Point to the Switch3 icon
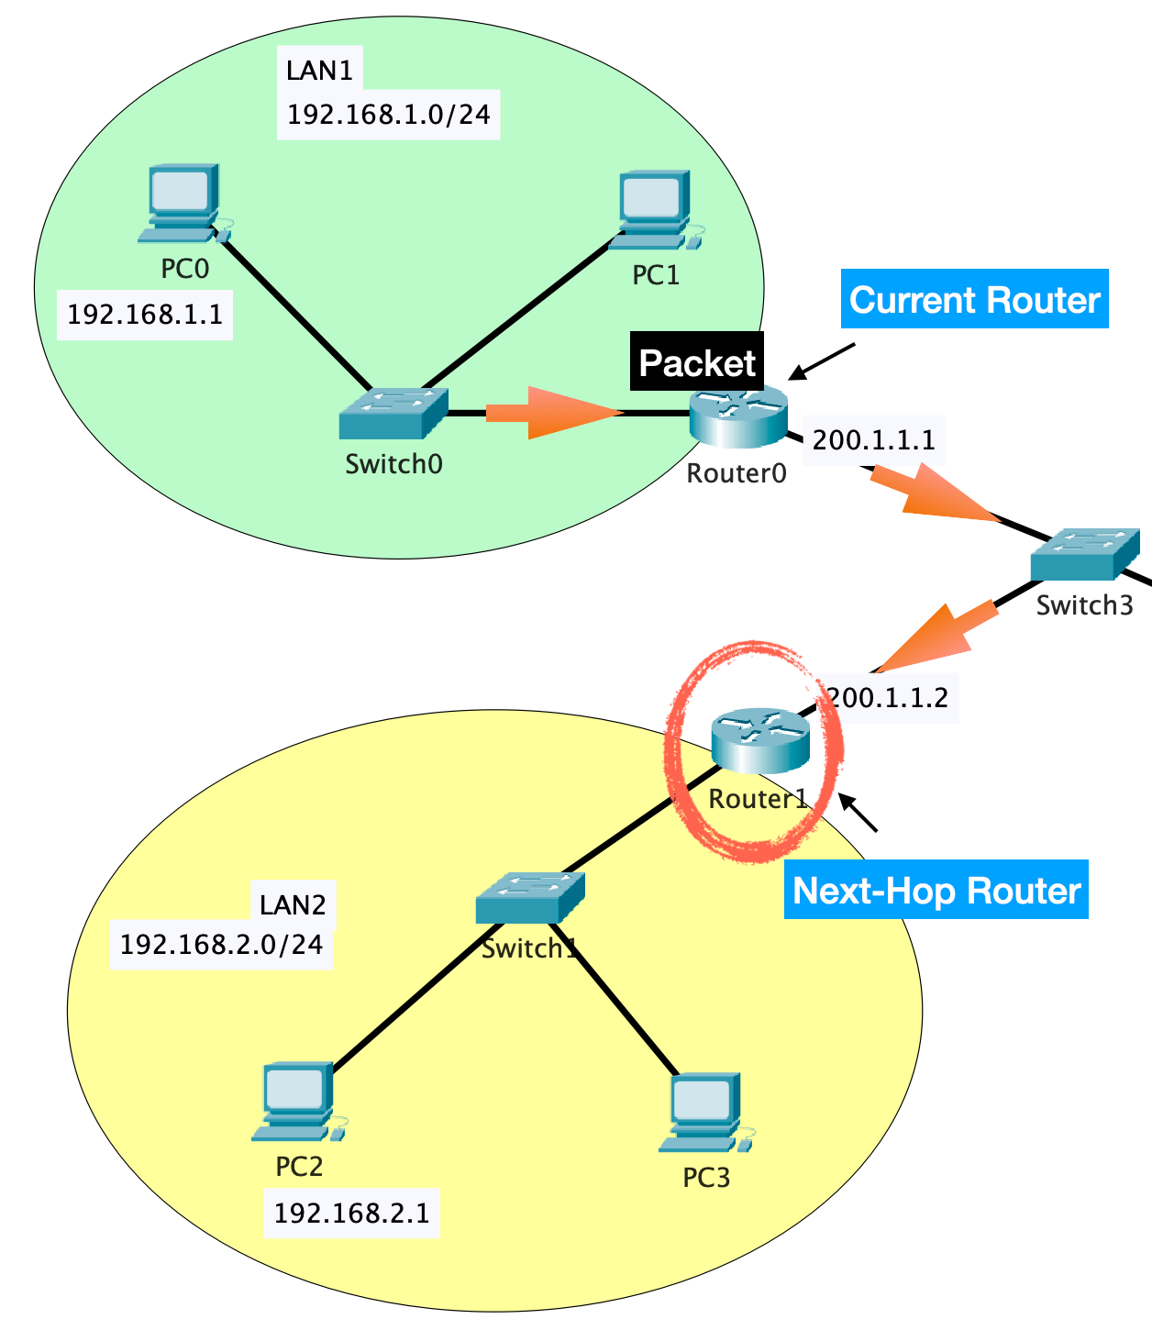pyautogui.click(x=1084, y=554)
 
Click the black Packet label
pyautogui.click(x=697, y=362)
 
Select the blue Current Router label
pyautogui.click(x=974, y=299)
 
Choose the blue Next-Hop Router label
pyautogui.click(x=936, y=890)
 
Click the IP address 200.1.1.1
pyautogui.click(x=873, y=440)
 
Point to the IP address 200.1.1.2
pyautogui.click(x=888, y=698)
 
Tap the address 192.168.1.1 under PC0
pyautogui.click(x=145, y=315)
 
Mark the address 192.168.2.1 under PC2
pyautogui.click(x=351, y=1213)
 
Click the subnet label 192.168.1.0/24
pyautogui.click(x=388, y=115)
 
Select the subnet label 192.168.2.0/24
pyautogui.click(x=221, y=944)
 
